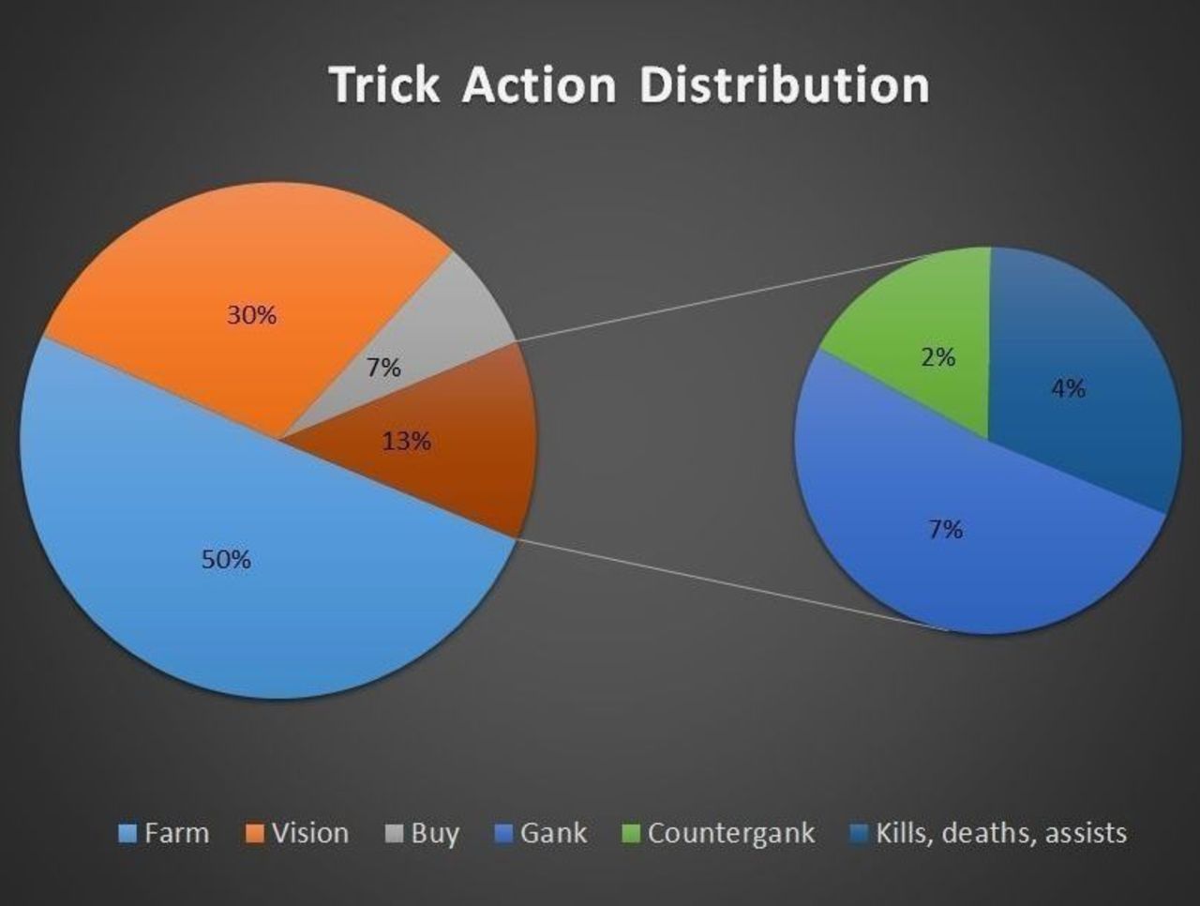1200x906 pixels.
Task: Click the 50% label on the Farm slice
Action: click(x=226, y=559)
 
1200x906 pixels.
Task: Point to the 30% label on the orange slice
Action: click(x=252, y=315)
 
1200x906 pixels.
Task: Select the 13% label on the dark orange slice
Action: click(x=406, y=441)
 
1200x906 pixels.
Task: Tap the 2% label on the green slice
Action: click(x=938, y=357)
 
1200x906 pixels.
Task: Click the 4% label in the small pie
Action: click(x=1068, y=388)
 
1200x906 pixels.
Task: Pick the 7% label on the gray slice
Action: click(x=383, y=368)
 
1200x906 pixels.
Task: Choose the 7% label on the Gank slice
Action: click(x=946, y=529)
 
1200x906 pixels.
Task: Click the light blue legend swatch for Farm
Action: click(x=127, y=834)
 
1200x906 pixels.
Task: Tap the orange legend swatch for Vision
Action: click(x=255, y=834)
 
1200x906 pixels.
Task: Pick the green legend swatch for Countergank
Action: click(x=631, y=834)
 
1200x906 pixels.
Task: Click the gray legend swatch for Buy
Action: click(x=394, y=834)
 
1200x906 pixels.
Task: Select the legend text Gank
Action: click(x=554, y=833)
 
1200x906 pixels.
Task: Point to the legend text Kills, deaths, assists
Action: click(x=1001, y=833)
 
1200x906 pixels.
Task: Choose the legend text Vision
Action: click(x=310, y=833)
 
